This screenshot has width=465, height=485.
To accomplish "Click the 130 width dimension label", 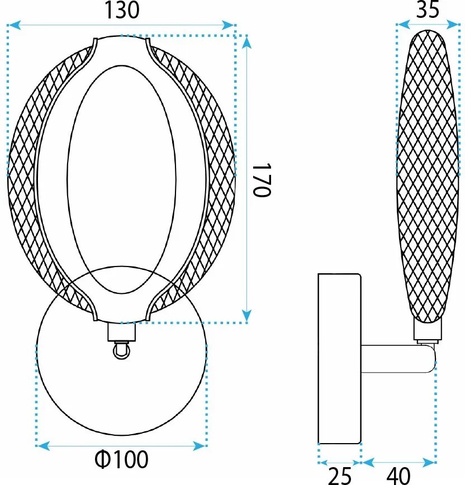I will click(x=122, y=10).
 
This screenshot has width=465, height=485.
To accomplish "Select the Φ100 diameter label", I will click(x=122, y=460).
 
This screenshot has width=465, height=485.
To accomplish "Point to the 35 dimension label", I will click(x=428, y=9).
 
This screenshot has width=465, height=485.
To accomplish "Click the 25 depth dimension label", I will click(x=339, y=476).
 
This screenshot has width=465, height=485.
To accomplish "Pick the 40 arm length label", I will click(x=397, y=476).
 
